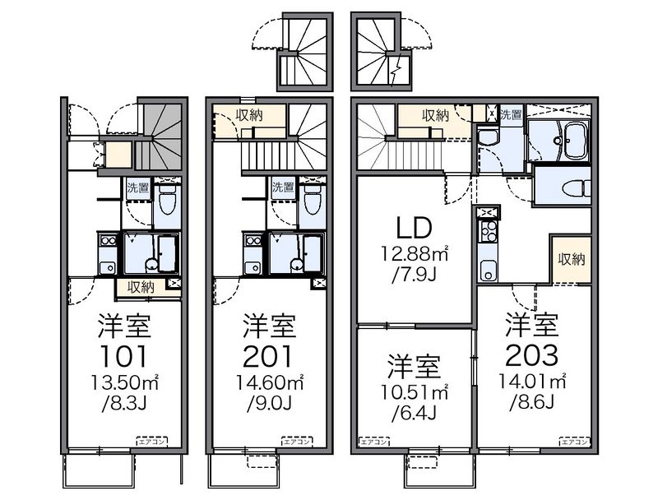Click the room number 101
tap(125, 355)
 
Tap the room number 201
tap(268, 355)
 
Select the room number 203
tap(532, 355)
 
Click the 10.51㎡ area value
tap(415, 390)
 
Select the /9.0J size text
tap(268, 403)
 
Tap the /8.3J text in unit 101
tap(125, 403)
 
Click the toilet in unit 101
tap(166, 198)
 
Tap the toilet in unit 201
tap(311, 198)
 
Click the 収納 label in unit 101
tap(141, 287)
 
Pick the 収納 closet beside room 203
tap(571, 259)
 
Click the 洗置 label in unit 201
tap(282, 187)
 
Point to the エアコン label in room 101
tap(150, 442)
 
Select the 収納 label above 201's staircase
tap(249, 115)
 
